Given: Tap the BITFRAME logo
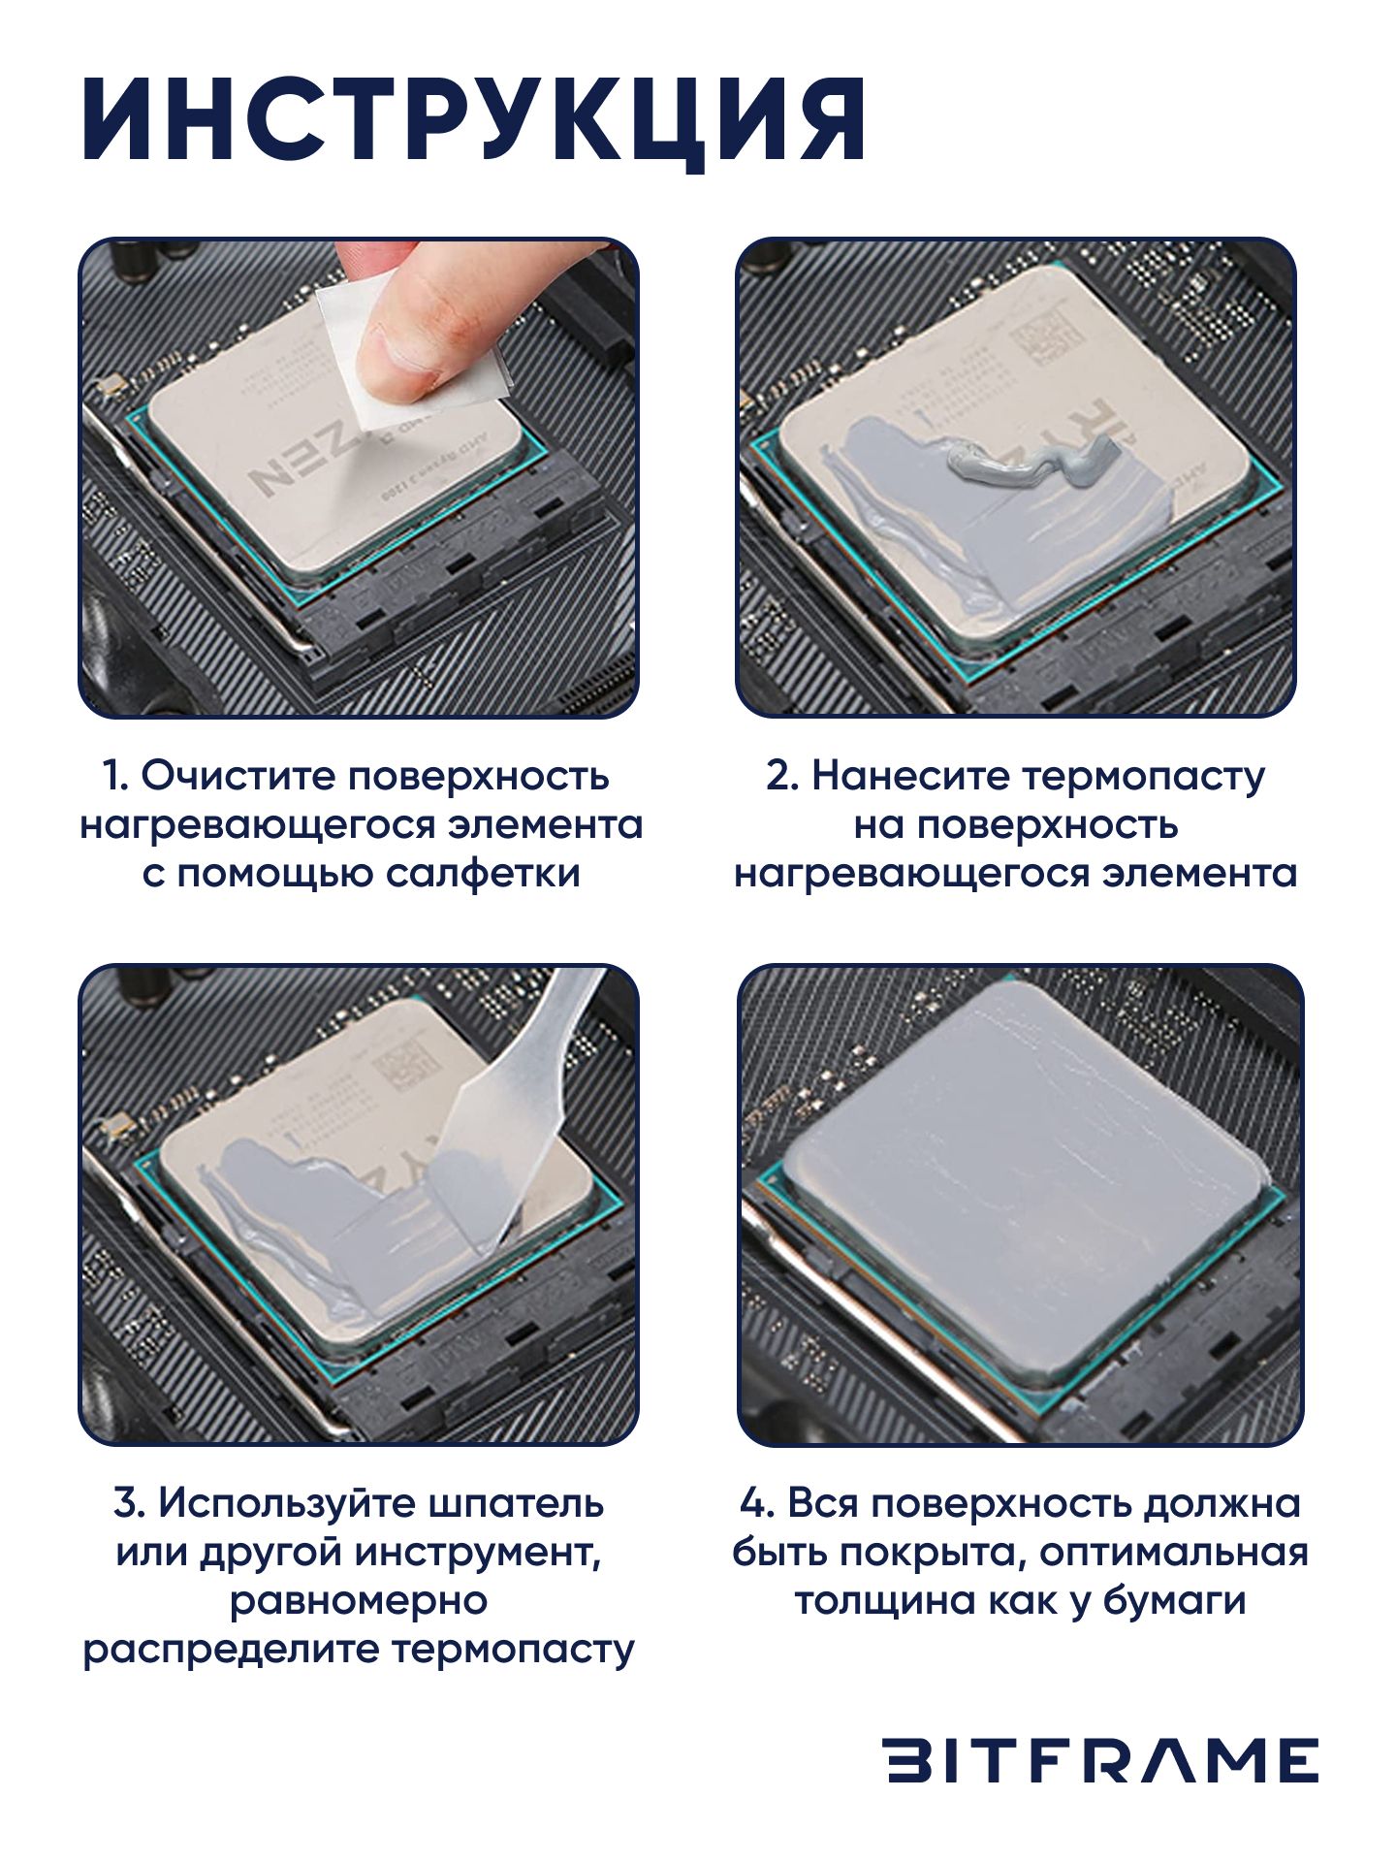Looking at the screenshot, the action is coord(1102,1760).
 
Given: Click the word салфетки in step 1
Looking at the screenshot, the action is coord(483,873).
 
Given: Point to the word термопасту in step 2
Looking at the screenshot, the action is coord(1144,778).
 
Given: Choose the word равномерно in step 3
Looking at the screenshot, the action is coord(359,1601).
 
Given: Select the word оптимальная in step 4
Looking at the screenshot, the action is coord(1174,1553).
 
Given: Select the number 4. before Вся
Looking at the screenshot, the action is coord(758,1504).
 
